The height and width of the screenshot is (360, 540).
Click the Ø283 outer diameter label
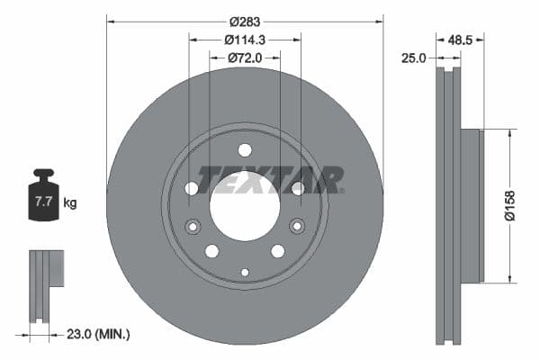click(x=244, y=21)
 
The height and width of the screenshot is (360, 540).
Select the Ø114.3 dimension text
click(x=244, y=40)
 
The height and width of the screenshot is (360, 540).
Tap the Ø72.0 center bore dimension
click(x=244, y=58)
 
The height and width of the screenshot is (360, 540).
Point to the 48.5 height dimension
click(x=460, y=40)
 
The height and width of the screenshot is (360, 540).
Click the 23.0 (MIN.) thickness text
click(x=99, y=334)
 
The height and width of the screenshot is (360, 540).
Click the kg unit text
click(x=69, y=203)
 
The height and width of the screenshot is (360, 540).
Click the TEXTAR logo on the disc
click(x=270, y=179)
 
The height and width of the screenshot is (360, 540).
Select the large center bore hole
click(x=244, y=204)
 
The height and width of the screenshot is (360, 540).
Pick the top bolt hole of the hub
click(x=245, y=149)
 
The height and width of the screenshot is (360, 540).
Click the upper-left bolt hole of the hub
click(x=192, y=188)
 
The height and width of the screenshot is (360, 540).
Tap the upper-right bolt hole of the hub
click(x=297, y=188)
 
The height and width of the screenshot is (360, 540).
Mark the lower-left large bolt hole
click(x=211, y=250)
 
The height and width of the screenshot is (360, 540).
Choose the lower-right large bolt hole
click(x=277, y=250)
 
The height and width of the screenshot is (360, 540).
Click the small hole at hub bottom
click(x=245, y=272)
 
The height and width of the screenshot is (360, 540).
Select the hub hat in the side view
click(x=473, y=204)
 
